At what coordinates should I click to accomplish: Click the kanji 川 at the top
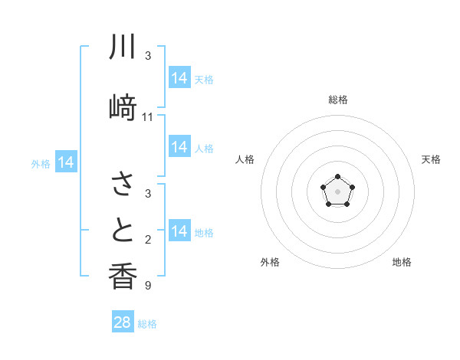(x=123, y=47)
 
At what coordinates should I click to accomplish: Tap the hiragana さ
(x=123, y=184)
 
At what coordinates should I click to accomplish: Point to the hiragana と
(x=123, y=230)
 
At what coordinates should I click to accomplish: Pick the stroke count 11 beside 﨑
(x=148, y=117)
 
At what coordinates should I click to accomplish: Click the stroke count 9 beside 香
(x=148, y=286)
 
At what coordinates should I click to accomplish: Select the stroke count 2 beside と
(x=148, y=241)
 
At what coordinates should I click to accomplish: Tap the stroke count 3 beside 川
(x=148, y=56)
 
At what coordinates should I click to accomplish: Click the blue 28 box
(x=123, y=322)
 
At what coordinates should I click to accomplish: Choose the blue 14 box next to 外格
(x=66, y=162)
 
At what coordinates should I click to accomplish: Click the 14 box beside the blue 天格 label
(x=179, y=78)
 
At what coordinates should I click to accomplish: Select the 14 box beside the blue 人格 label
(x=179, y=147)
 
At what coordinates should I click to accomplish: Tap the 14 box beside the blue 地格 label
(x=179, y=231)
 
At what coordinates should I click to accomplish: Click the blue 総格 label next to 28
(x=148, y=324)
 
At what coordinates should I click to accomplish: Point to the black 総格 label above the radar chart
(x=338, y=100)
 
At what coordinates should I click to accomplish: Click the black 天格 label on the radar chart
(x=431, y=159)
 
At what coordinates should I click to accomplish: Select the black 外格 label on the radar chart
(x=270, y=262)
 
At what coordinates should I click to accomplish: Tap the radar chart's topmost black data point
(x=337, y=177)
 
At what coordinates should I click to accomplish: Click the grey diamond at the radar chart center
(x=337, y=191)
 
